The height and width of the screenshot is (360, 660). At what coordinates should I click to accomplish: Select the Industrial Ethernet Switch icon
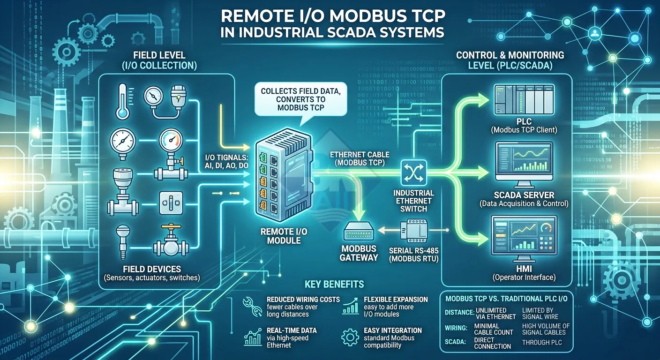point(413,173)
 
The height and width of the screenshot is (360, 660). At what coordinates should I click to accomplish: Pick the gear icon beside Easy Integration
point(351,337)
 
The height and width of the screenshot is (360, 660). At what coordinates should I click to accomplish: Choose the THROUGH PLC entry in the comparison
point(542,342)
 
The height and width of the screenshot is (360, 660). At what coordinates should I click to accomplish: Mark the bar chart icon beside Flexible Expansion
point(351,306)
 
